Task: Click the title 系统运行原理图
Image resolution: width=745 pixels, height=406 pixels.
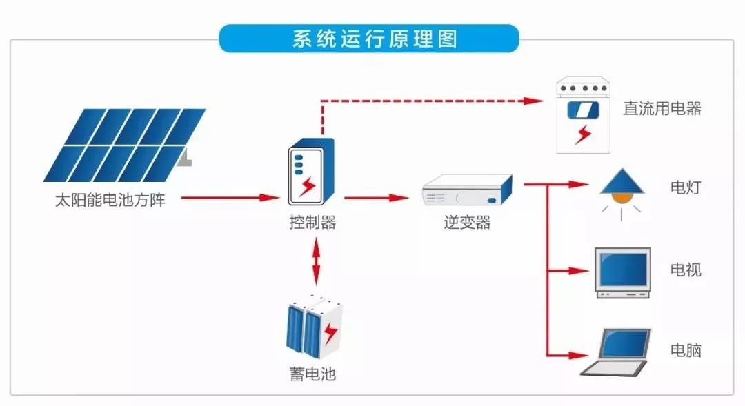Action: point(368,39)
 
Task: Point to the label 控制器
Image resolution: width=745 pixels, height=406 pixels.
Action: point(312,223)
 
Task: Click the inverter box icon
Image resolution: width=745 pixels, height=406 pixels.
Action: point(467,191)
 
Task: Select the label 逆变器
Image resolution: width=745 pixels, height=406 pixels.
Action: point(467,223)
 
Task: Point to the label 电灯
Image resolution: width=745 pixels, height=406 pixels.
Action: point(686,187)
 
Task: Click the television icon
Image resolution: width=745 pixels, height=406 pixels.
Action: point(623,272)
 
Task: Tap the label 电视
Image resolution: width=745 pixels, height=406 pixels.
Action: point(686,270)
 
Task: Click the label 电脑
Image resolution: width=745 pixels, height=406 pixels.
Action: point(686,350)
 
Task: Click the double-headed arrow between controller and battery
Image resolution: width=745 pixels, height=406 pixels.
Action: point(316,262)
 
